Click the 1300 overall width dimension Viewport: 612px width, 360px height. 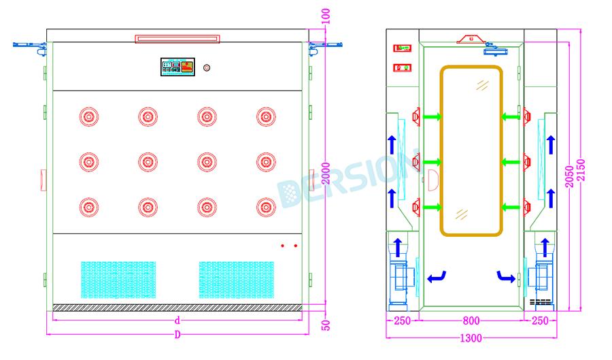click(471, 338)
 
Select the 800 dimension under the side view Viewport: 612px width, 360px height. click(471, 321)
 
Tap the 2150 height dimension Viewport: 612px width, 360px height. click(581, 170)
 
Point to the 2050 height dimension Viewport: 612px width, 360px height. click(569, 176)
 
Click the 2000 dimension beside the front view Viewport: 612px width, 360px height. click(326, 174)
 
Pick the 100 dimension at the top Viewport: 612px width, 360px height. click(326, 16)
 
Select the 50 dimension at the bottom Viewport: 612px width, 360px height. click(326, 325)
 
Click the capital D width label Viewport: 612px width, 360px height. click(177, 335)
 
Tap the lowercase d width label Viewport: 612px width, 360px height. click(177, 321)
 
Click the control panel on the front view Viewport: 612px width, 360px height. click(177, 67)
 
